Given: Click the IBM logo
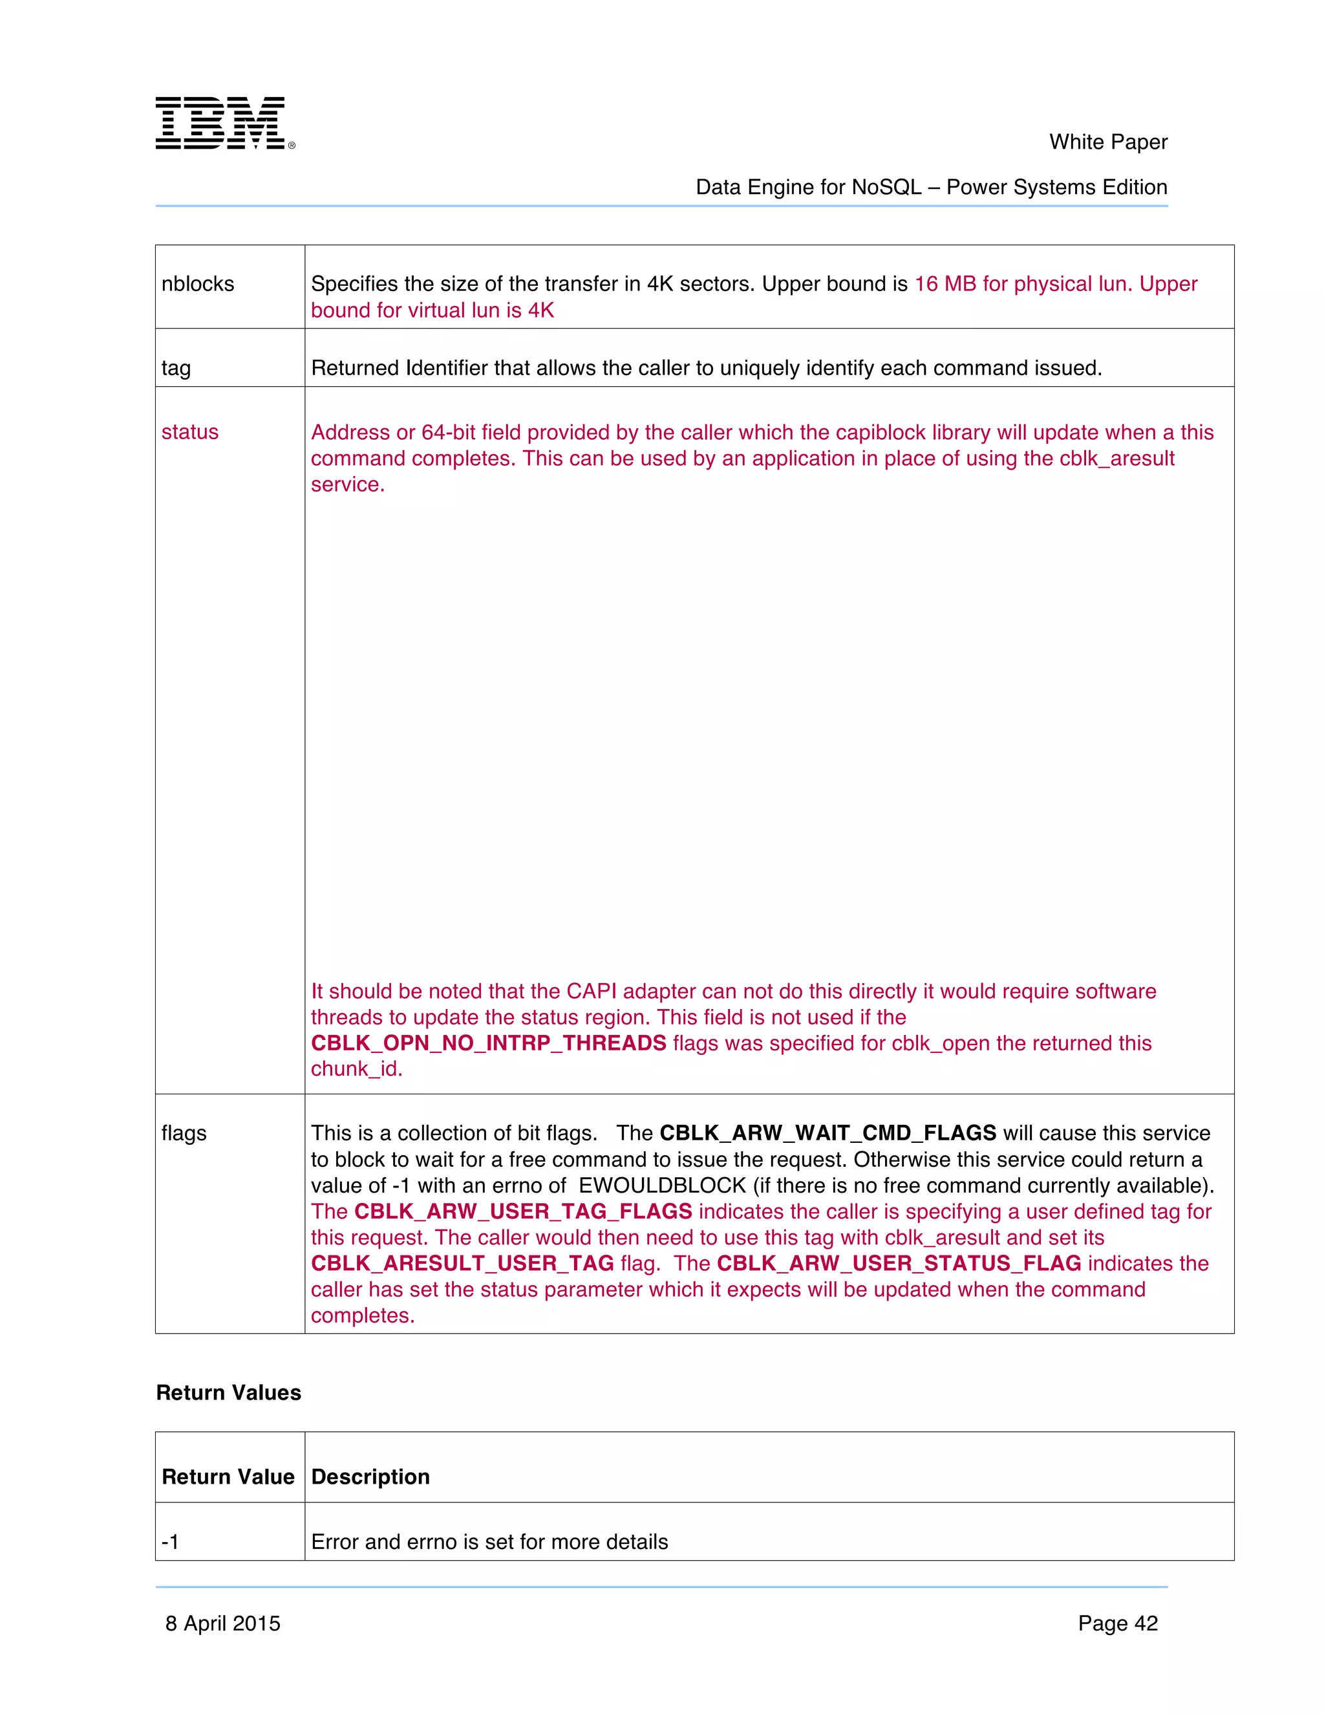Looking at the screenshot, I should click(224, 123).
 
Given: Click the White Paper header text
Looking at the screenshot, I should click(1107, 142).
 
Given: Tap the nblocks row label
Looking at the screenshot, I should click(198, 284).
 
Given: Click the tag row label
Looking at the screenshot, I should click(176, 368).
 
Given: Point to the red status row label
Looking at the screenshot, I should click(190, 433).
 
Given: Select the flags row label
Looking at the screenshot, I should click(184, 1133).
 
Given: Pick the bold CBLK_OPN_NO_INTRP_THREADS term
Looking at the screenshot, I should click(488, 1043).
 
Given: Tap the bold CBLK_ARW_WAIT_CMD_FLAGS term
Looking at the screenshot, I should click(827, 1133).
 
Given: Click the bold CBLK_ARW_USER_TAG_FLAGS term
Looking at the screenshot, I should click(523, 1211).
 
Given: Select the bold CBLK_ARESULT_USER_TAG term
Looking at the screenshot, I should click(462, 1264).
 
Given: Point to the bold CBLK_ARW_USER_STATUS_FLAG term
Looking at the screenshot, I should click(899, 1264).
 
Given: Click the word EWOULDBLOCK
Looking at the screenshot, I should click(662, 1186).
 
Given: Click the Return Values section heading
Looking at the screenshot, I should click(228, 1393).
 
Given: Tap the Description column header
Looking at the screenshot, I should click(370, 1477).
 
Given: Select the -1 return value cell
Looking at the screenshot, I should click(170, 1542).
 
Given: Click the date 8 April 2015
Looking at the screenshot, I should click(223, 1623).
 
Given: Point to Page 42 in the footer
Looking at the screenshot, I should click(1117, 1623).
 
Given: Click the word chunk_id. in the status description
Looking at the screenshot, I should click(356, 1069).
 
